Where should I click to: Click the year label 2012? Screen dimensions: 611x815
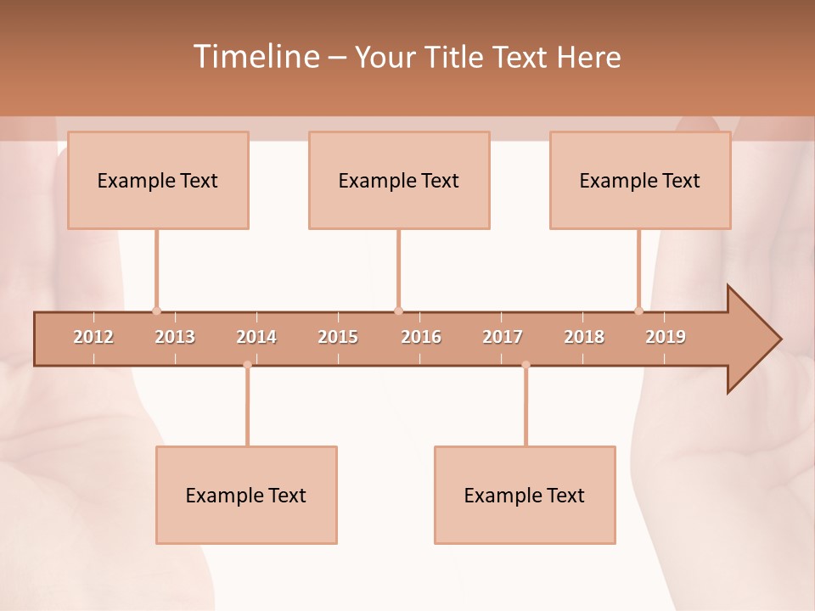click(93, 338)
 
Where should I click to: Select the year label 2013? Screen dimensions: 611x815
click(175, 338)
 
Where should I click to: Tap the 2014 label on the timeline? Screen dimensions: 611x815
click(256, 338)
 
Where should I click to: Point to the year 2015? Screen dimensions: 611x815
click(338, 338)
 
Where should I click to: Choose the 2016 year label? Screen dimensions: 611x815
click(421, 338)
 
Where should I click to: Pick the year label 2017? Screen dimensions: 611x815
click(503, 338)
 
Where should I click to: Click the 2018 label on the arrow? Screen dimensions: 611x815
click(584, 338)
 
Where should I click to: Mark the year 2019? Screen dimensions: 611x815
click(666, 338)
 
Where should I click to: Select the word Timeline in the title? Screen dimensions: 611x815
click(255, 57)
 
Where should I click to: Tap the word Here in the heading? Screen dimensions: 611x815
click(588, 57)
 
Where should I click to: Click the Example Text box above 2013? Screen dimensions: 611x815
click(158, 180)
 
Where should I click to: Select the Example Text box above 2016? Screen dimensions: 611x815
click(399, 180)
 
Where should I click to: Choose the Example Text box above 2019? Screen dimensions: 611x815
click(640, 180)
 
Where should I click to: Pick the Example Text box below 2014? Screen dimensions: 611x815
click(246, 495)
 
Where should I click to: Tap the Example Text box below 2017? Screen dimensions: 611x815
click(525, 495)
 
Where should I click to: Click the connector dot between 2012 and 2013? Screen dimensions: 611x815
click(156, 311)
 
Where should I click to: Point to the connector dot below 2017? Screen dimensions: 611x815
click(526, 365)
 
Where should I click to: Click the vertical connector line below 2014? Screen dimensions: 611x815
click(247, 407)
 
